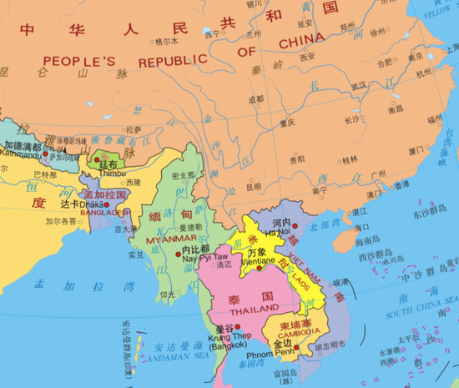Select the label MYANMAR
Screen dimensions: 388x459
pyautogui.click(x=165, y=239)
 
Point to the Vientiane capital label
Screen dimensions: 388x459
pyautogui.click(x=259, y=261)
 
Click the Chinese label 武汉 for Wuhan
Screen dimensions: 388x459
pyautogui.click(x=359, y=85)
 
